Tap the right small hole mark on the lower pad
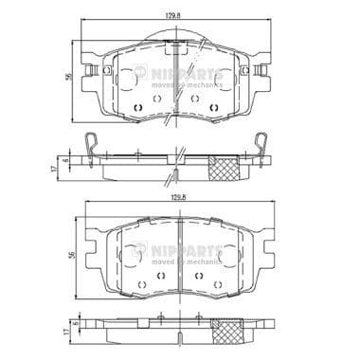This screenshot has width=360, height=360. [198, 276]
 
